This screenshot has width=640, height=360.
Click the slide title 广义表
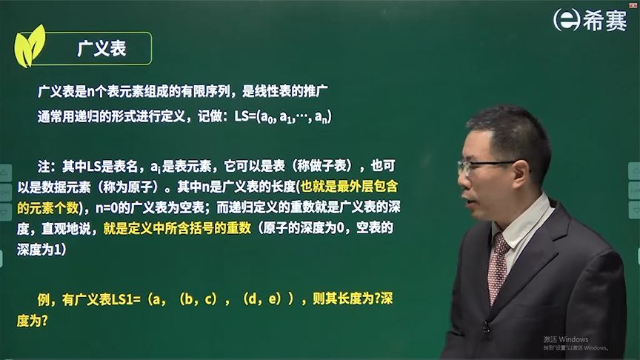pos(102,49)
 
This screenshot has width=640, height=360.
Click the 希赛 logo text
pos(604,19)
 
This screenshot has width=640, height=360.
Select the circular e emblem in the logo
pos(566,19)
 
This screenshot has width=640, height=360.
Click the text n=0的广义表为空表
pos(153,207)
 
